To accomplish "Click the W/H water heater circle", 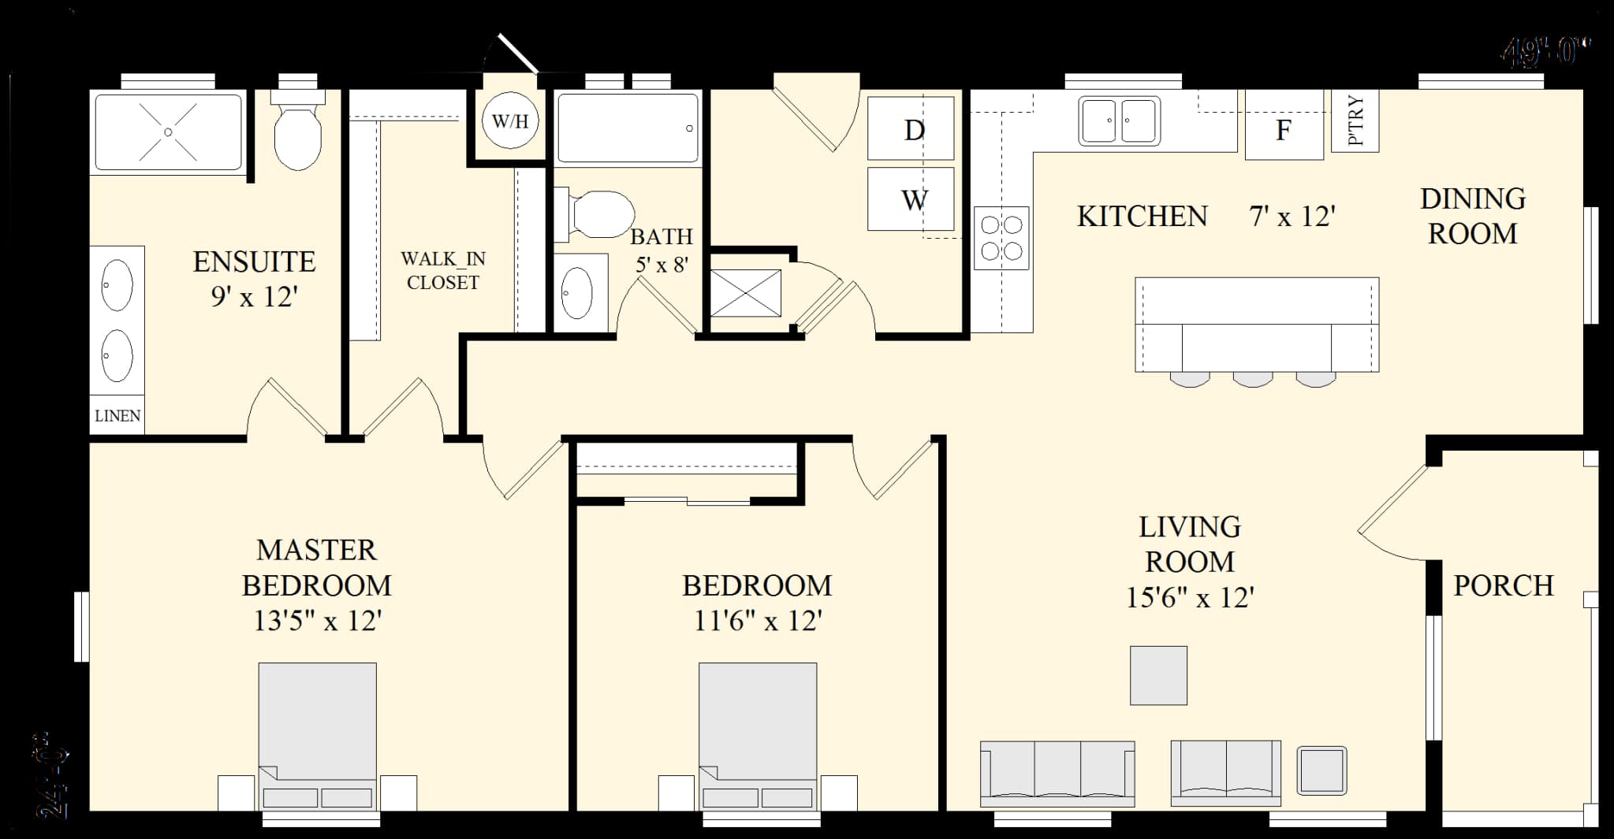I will tap(510, 121).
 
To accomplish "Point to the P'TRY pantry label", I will tap(1355, 121).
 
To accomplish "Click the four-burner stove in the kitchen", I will tap(1001, 238).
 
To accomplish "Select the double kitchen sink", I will tap(1119, 121).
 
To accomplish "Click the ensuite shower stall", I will tap(168, 132).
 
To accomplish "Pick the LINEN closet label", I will tap(117, 416).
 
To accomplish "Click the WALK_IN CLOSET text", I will tap(443, 270).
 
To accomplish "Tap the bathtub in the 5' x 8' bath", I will tap(628, 128).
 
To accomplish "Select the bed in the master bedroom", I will tap(317, 733).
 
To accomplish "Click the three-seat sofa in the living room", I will tap(1057, 772).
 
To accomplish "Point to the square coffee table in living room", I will tap(1158, 675).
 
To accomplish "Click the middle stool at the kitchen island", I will tap(1252, 379).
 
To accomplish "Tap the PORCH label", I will tap(1503, 585).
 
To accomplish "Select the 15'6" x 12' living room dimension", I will tap(1189, 597).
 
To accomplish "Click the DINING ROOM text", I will tap(1472, 216).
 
